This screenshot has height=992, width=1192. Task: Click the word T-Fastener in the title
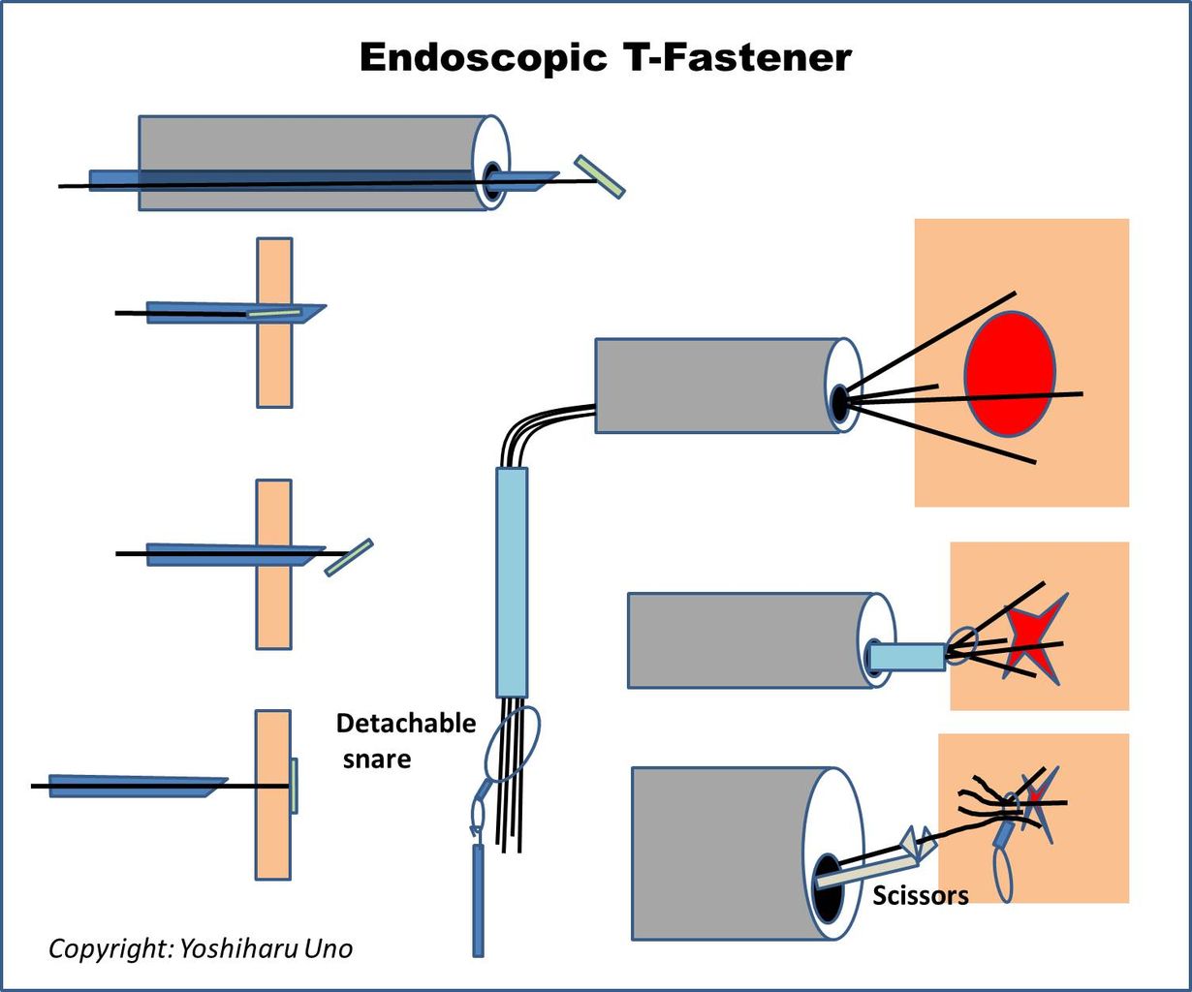tap(734, 58)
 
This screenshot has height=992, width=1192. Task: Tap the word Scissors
tap(920, 895)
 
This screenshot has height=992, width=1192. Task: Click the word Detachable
tap(405, 724)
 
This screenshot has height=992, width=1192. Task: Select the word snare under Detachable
tap(376, 759)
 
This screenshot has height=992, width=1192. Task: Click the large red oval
tap(1009, 374)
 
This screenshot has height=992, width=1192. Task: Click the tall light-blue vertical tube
tap(512, 581)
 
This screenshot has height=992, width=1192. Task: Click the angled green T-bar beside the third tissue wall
tap(349, 557)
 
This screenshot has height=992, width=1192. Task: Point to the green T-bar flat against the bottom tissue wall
tap(294, 786)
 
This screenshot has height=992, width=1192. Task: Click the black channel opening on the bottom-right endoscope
tap(826, 892)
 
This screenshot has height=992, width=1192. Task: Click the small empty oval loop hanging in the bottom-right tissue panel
tap(1004, 875)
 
